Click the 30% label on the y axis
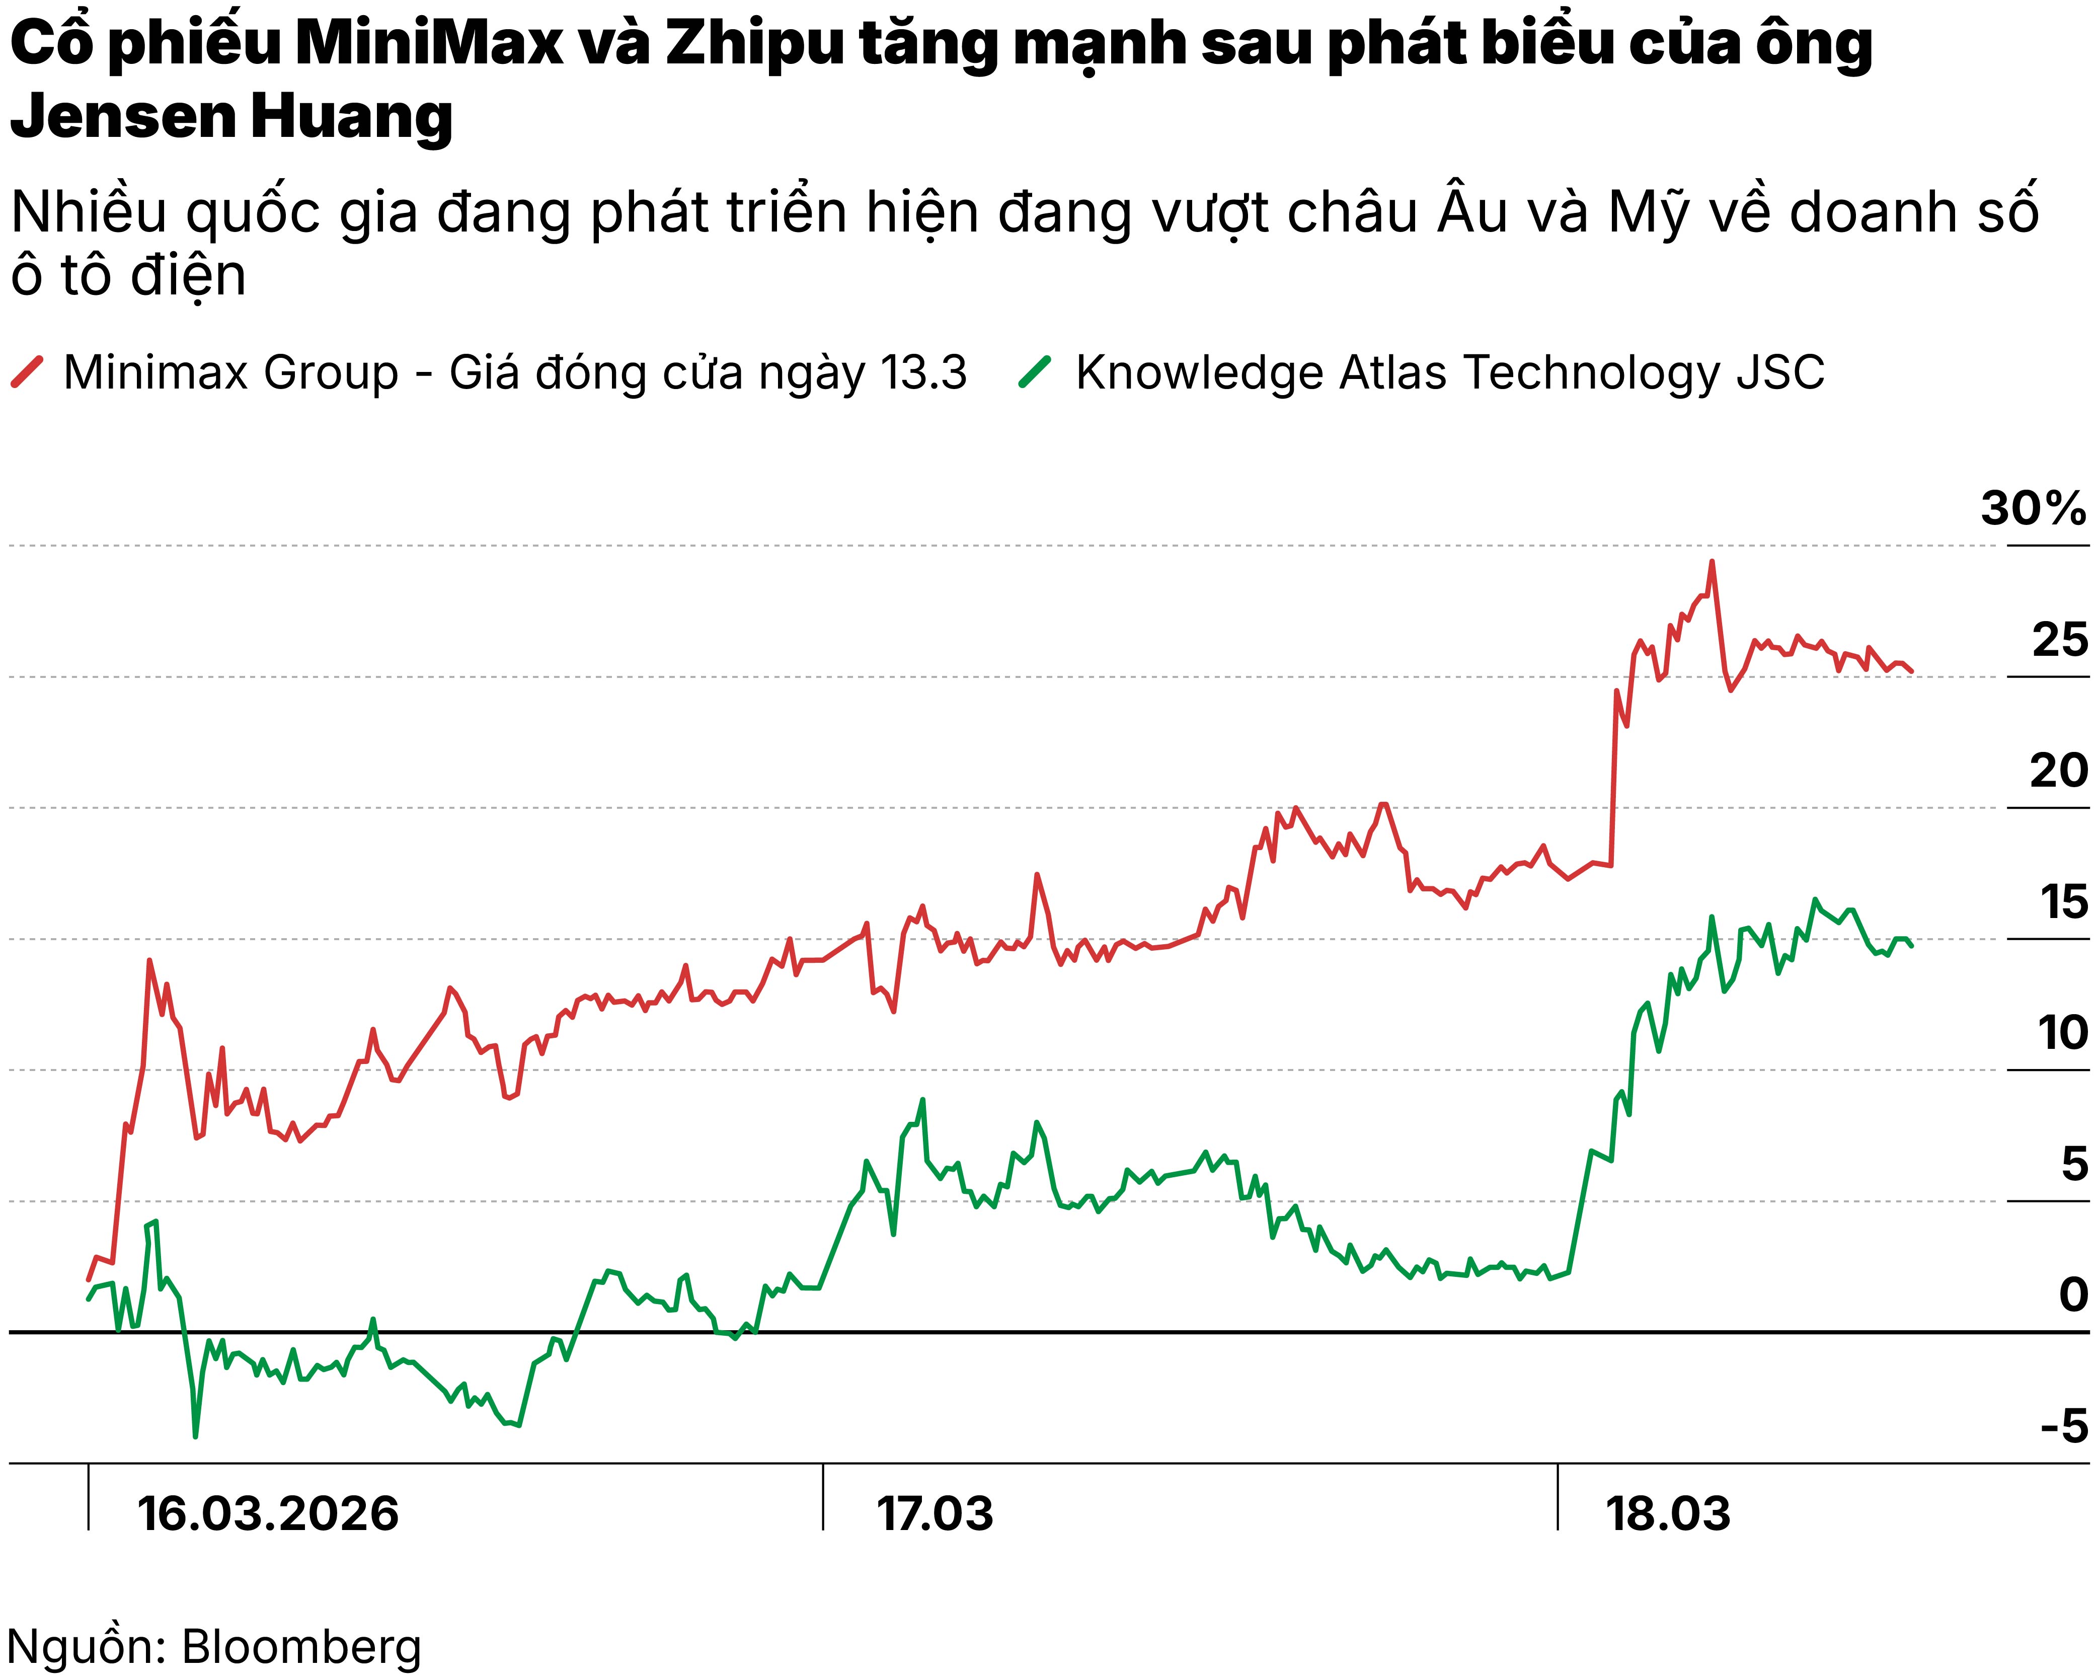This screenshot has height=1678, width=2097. [2033, 509]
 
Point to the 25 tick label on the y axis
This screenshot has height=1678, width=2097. [2059, 640]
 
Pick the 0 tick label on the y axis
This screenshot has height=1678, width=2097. [2073, 1294]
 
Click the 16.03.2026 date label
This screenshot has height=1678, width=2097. [268, 1514]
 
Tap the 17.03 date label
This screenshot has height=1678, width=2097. [935, 1514]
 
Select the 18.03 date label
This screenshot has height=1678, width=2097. [1668, 1514]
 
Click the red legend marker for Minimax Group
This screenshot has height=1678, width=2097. [27, 372]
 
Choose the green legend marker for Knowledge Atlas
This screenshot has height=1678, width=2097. [1035, 372]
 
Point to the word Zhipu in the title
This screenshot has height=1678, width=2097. [754, 44]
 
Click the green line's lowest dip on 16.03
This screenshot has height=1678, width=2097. [195, 1436]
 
